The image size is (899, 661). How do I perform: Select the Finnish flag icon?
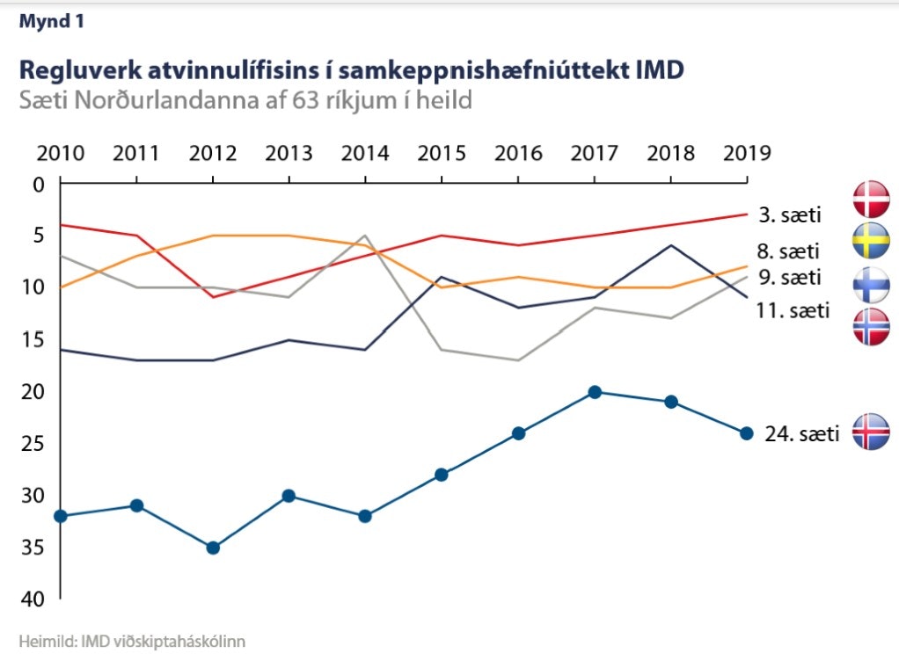[871, 285]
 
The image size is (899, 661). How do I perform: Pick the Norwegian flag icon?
[871, 327]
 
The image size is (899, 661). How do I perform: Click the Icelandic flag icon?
[871, 432]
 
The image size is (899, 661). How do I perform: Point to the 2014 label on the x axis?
[365, 153]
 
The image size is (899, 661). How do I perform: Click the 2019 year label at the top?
[746, 153]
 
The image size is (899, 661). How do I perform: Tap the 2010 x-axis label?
[61, 153]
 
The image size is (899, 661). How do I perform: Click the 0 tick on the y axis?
[37, 185]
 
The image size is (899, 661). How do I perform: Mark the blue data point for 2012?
[213, 548]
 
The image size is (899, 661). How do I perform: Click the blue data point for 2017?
[595, 392]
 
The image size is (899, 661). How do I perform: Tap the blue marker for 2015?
[442, 475]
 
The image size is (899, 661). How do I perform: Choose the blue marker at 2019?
[747, 433]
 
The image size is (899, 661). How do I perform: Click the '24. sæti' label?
[802, 433]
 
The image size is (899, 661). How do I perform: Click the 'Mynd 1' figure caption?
[53, 22]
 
